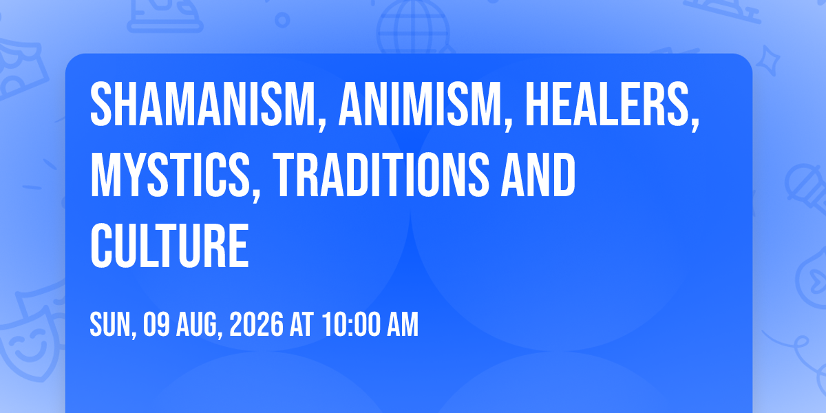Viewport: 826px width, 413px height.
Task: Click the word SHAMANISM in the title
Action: pos(203,104)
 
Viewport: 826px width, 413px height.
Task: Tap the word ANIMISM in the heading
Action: pos(421,104)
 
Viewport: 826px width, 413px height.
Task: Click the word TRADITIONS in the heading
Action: pos(381,174)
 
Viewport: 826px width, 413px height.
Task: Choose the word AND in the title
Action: pos(538,174)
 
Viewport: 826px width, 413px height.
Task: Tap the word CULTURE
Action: pos(169,245)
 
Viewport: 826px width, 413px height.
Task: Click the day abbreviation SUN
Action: pos(111,324)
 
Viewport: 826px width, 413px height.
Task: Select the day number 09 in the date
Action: pos(156,324)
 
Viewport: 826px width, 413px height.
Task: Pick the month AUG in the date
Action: pos(197,324)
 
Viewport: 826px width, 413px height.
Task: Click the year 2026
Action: pos(256,324)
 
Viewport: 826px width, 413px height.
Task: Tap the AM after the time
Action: pos(402,324)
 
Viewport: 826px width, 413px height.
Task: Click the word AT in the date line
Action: pos(301,324)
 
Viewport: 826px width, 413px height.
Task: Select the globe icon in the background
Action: pos(413,27)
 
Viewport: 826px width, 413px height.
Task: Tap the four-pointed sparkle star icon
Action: pos(767,61)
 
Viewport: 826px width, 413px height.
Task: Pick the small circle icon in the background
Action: pos(282,20)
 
